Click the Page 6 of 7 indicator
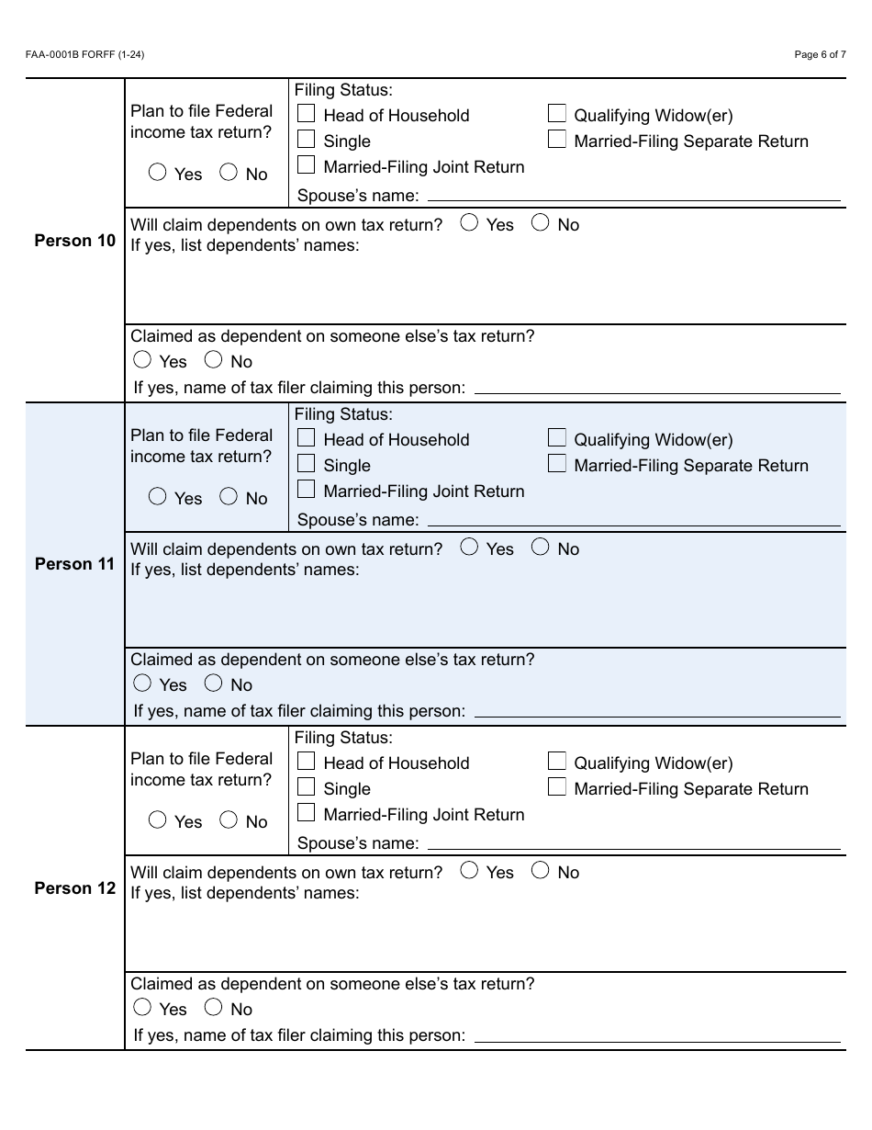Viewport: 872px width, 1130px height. pos(820,55)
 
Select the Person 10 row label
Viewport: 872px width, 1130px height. pos(75,241)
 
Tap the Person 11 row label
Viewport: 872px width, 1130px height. pos(75,564)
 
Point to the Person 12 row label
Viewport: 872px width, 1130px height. pos(75,888)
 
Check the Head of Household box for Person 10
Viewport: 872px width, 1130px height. pos(307,114)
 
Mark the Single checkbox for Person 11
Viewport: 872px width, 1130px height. pos(307,464)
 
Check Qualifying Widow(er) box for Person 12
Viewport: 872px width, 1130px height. pos(556,761)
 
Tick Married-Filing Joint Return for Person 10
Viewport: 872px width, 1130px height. pos(307,165)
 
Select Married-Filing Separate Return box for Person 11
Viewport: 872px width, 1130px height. pos(556,463)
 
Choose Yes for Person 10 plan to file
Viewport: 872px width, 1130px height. pos(158,172)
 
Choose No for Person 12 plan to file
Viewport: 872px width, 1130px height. pos(229,819)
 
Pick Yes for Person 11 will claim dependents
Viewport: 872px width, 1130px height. pos(469,547)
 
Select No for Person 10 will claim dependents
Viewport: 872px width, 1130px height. pos(541,222)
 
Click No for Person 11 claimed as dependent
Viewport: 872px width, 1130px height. pos(214,683)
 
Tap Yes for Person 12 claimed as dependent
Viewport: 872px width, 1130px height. pos(142,1007)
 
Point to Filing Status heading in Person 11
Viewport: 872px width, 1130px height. pos(343,414)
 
